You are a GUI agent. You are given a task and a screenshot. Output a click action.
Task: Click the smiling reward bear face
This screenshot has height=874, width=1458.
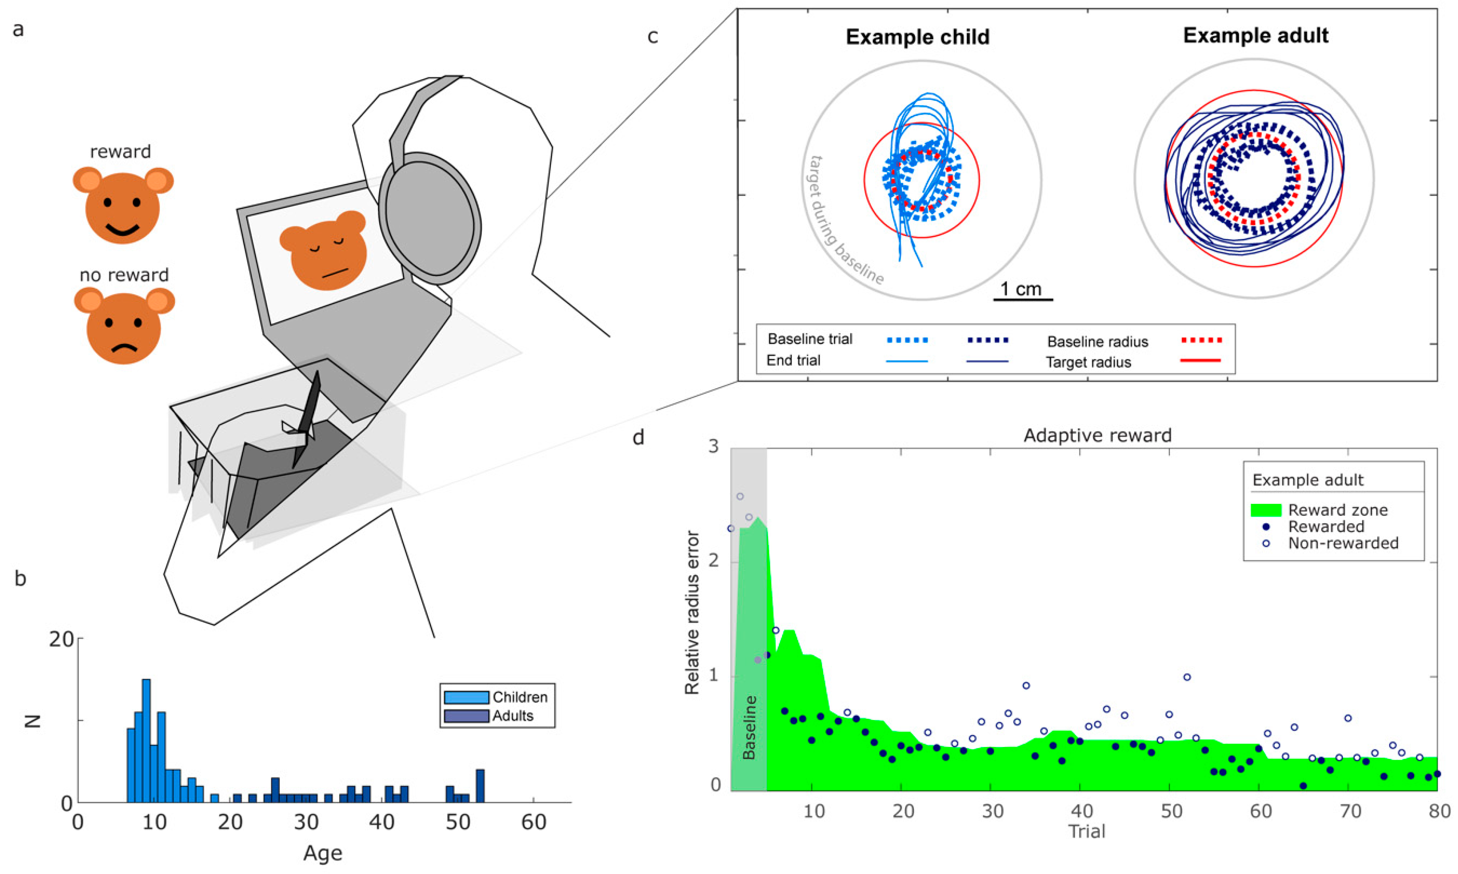(x=122, y=206)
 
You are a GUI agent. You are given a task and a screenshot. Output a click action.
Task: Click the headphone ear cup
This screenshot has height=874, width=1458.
(x=430, y=215)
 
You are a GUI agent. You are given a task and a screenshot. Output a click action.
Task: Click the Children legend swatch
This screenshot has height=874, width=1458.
(x=466, y=697)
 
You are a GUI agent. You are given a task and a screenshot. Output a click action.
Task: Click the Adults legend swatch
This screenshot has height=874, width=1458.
(x=466, y=716)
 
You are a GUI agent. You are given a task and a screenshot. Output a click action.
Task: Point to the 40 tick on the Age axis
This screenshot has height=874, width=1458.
(x=382, y=822)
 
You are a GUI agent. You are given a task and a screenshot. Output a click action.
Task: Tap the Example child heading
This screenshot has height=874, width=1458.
(x=917, y=37)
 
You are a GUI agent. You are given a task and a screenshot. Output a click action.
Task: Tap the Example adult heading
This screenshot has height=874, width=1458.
(x=1255, y=35)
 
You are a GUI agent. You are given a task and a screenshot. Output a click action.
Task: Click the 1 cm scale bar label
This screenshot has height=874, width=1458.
(x=1021, y=289)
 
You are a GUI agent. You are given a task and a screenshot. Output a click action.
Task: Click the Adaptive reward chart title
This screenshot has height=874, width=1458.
(x=1097, y=435)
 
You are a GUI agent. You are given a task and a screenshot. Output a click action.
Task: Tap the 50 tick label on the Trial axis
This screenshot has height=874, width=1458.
(x=1171, y=811)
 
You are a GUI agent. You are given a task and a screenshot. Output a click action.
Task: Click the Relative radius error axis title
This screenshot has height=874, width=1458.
(x=693, y=612)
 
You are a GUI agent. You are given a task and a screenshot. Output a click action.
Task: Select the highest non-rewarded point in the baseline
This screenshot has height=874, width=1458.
(x=740, y=496)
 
